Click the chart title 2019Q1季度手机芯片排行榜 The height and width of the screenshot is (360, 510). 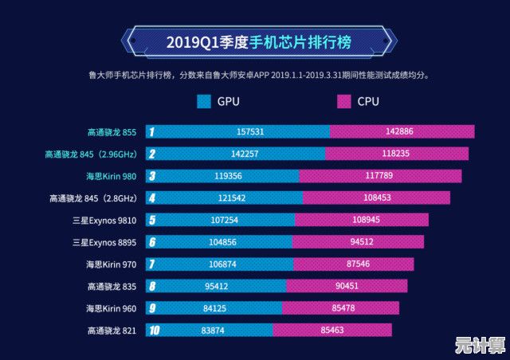pyautogui.click(x=259, y=41)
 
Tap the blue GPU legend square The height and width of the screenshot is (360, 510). pyautogui.click(x=203, y=101)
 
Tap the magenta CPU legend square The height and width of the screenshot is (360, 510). pyautogui.click(x=343, y=101)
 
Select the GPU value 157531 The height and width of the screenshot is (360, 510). pyautogui.click(x=250, y=132)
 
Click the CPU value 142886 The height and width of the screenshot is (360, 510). pyautogui.click(x=398, y=132)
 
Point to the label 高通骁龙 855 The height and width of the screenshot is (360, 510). pyautogui.click(x=112, y=132)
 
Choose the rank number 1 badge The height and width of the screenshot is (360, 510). pyautogui.click(x=151, y=132)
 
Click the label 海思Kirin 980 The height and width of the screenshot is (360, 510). pyautogui.click(x=111, y=176)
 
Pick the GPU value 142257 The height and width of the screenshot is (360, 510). pyautogui.click(x=244, y=154)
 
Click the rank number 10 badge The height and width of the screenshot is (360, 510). pyautogui.click(x=152, y=330)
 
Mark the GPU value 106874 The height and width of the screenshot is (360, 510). pyautogui.click(x=232, y=264)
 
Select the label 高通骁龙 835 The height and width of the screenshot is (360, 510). pyautogui.click(x=112, y=286)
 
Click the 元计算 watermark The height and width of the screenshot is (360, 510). pyautogui.click(x=480, y=346)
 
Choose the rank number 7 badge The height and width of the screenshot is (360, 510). pyautogui.click(x=151, y=264)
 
